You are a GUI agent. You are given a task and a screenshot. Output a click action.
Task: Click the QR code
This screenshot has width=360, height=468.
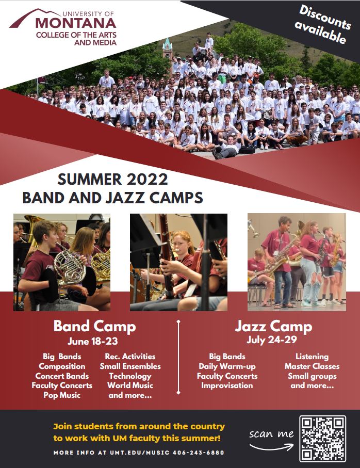pos(323,438)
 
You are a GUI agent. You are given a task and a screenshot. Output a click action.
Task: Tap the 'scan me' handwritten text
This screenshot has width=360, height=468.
pos(271,433)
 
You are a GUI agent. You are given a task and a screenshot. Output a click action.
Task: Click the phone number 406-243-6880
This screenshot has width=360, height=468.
pos(199,453)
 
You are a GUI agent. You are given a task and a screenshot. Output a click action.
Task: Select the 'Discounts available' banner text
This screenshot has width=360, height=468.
pos(323,24)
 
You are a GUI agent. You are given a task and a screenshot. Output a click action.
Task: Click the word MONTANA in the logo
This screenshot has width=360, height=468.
pos(76,23)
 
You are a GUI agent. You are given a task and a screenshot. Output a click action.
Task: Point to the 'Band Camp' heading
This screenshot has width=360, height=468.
pos(94,326)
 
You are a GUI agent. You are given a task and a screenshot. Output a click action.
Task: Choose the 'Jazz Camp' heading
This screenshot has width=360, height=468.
pos(273,326)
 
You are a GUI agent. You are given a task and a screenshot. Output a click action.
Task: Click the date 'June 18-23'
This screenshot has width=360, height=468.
pos(93,341)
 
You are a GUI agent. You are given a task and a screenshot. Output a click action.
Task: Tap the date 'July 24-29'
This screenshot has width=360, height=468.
pos(272,340)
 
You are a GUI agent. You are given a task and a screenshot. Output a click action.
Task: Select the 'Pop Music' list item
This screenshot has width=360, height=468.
pos(62,395)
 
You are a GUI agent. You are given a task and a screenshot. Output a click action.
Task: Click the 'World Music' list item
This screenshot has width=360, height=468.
pos(130,385)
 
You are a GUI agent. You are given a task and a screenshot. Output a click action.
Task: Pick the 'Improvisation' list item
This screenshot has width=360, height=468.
pos(227,385)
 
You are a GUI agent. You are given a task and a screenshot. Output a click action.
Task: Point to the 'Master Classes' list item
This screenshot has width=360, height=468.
pos(312,366)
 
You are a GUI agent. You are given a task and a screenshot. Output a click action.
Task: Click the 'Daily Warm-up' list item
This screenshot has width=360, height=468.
pos(227,366)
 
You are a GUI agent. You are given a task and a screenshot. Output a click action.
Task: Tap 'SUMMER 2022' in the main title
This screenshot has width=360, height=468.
pos(112,180)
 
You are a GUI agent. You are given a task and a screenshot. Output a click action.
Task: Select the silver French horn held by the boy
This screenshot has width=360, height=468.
pos(70,268)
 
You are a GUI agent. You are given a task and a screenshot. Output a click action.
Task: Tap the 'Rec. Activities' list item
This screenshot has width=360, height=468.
pos(130,357)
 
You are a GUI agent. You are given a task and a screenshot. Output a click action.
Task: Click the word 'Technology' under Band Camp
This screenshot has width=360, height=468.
pos(130,376)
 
